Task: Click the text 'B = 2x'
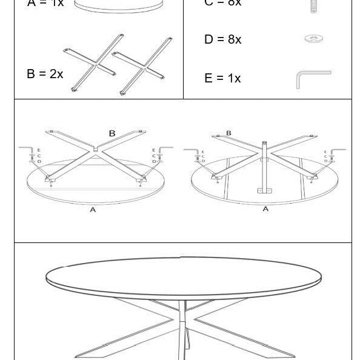tap(45, 74)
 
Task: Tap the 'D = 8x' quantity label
tap(222, 40)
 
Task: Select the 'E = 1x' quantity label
tap(222, 78)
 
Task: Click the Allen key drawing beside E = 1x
tap(313, 79)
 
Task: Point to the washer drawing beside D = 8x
tap(313, 39)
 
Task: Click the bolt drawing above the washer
tap(313, 6)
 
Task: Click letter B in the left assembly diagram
tap(112, 133)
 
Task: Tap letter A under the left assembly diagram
tap(93, 210)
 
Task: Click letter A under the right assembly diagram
tap(265, 209)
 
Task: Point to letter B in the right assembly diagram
tap(228, 133)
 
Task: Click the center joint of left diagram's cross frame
tap(96, 148)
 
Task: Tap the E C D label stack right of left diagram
tap(154, 156)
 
